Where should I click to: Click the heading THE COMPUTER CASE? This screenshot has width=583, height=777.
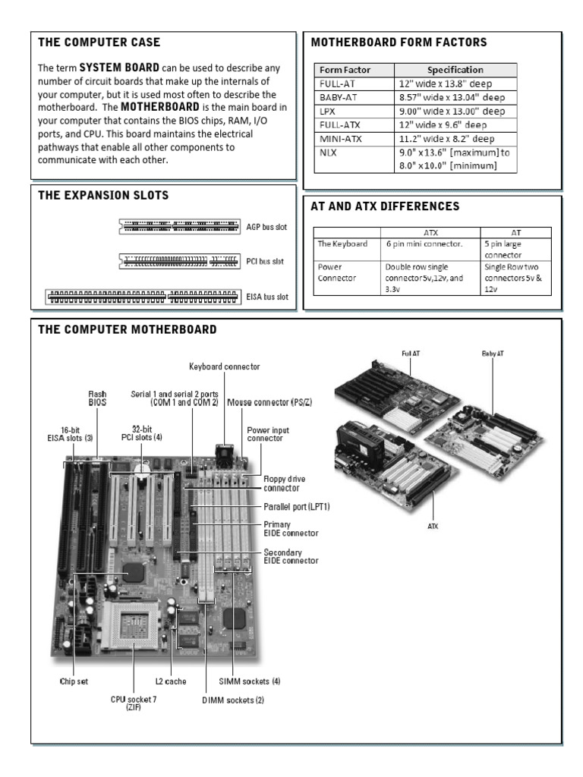pyautogui.click(x=99, y=42)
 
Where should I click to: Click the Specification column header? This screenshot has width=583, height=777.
pyautogui.click(x=455, y=70)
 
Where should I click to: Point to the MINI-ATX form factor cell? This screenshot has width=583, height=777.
pyautogui.click(x=337, y=138)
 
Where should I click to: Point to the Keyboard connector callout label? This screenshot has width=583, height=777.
pyautogui.click(x=224, y=366)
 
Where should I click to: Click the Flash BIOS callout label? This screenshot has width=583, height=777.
pyautogui.click(x=97, y=398)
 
